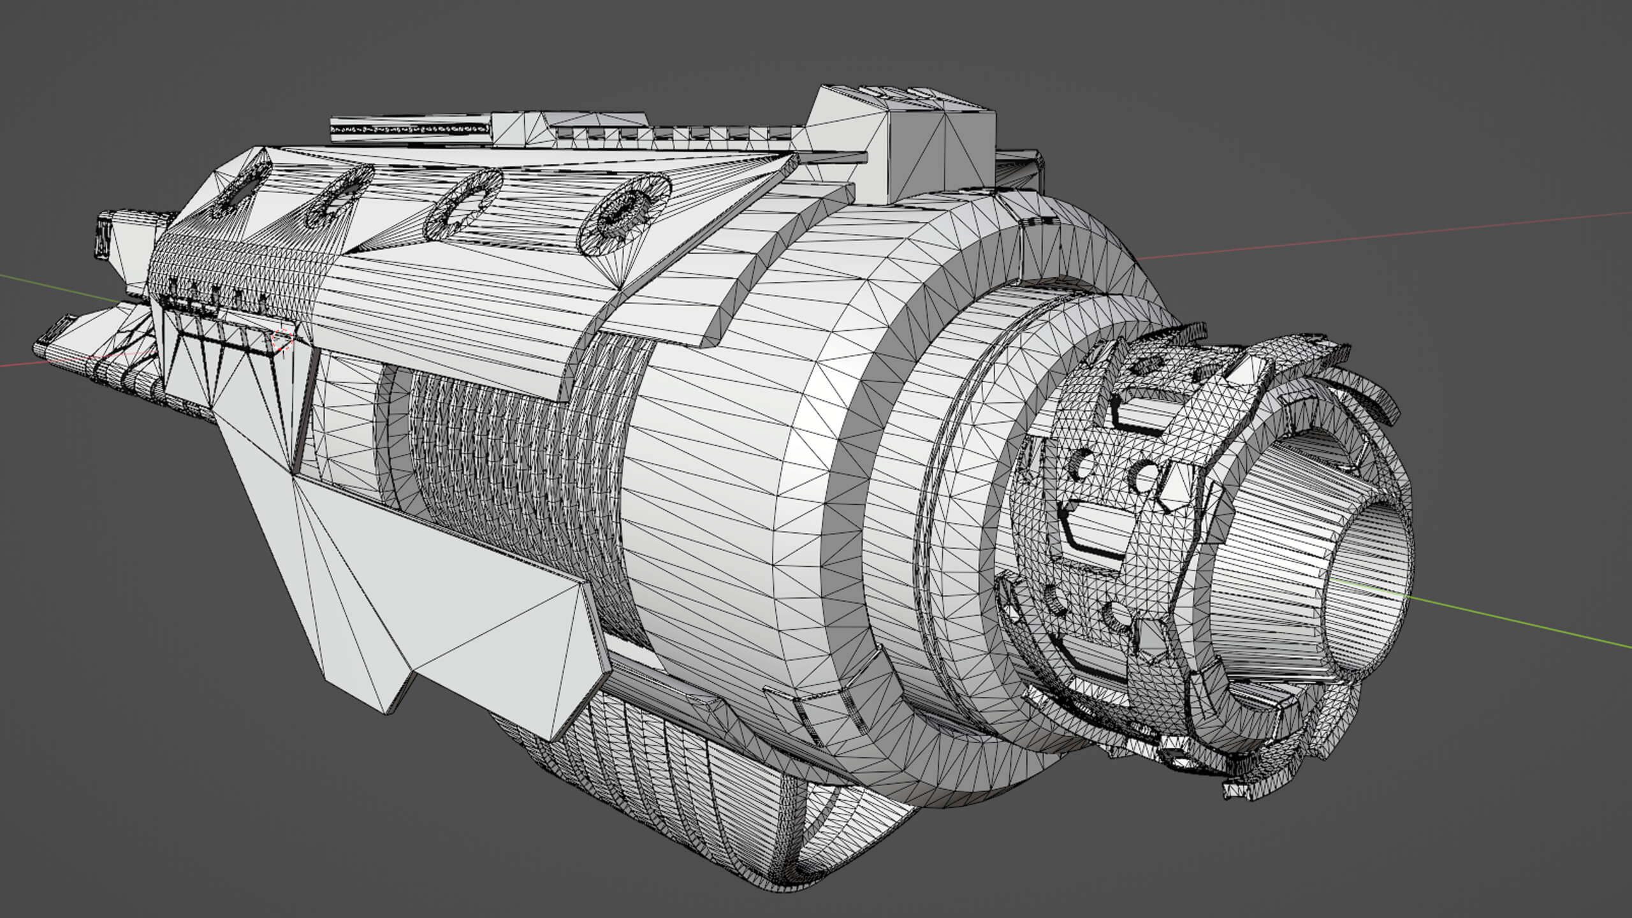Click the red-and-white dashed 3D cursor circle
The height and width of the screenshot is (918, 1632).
coord(282,340)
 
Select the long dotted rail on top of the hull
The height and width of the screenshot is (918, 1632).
coord(411,129)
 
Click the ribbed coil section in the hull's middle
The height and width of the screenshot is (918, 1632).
coord(510,478)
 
